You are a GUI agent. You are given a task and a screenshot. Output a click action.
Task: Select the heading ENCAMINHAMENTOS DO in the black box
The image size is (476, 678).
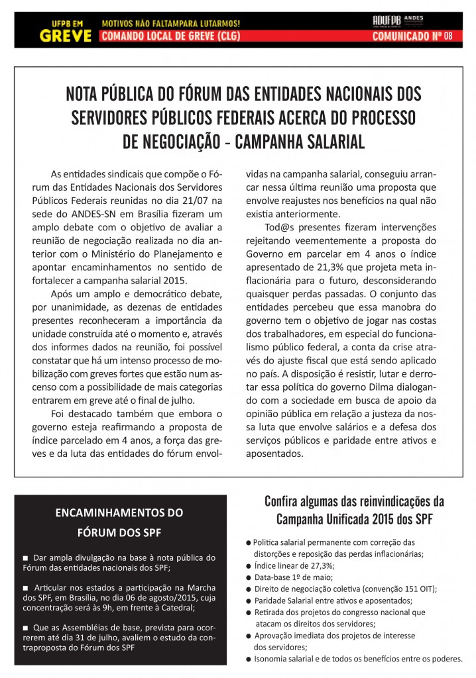pos(119,512)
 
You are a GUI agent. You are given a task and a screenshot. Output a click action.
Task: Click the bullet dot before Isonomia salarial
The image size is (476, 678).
pos(248,659)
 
